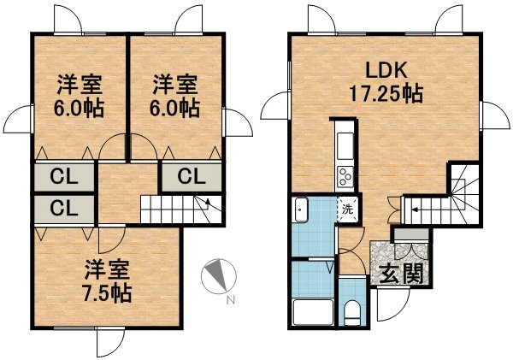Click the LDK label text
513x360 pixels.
click(x=386, y=70)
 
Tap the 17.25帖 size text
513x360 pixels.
click(x=386, y=94)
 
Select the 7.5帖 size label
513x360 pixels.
click(x=108, y=293)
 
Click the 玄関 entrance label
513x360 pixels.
click(x=402, y=272)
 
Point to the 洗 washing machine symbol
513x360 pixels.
click(x=348, y=210)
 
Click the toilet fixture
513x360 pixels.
click(x=352, y=314)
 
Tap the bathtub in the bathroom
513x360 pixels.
click(x=313, y=311)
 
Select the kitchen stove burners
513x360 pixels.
click(x=345, y=176)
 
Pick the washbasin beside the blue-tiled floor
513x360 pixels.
click(x=301, y=210)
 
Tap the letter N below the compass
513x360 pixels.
click(x=231, y=300)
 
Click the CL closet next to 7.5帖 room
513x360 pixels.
click(x=64, y=210)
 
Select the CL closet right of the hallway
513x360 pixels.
click(x=192, y=177)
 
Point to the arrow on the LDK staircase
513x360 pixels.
click(x=414, y=210)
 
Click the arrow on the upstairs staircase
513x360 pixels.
click(x=208, y=203)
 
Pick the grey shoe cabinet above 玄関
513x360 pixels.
click(x=411, y=234)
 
